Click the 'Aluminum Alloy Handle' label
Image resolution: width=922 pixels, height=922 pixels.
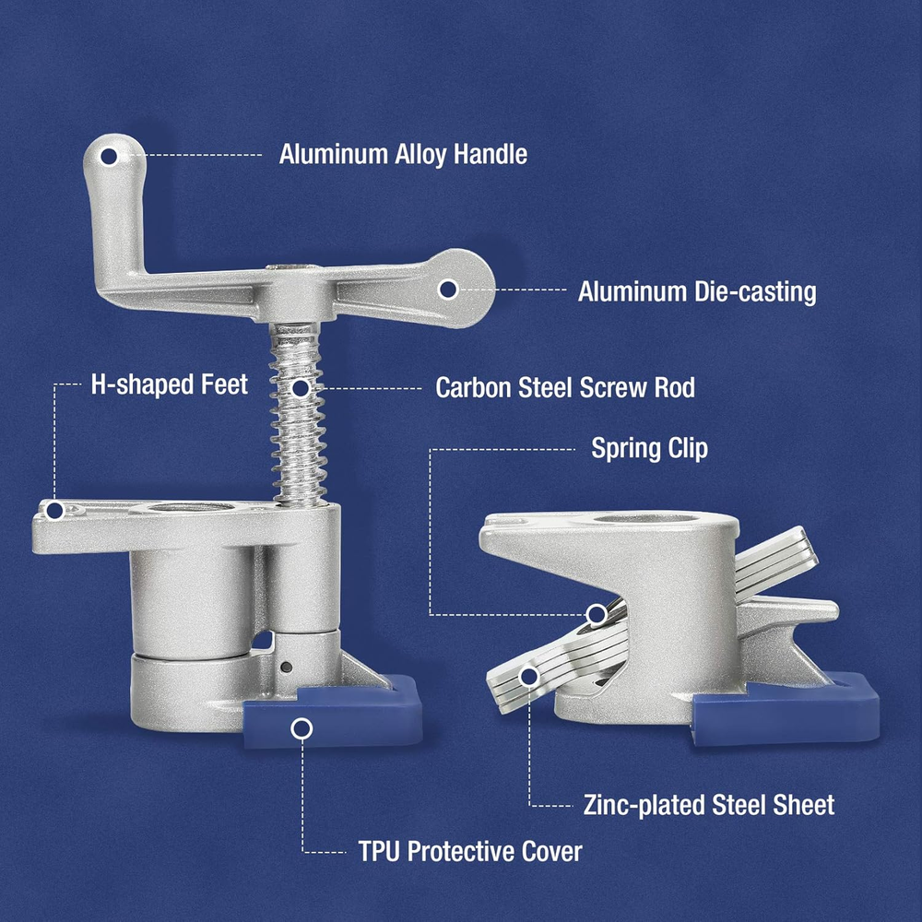[403, 155]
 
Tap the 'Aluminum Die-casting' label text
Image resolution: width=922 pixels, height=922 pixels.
[697, 291]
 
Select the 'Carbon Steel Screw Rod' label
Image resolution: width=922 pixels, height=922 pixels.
[565, 387]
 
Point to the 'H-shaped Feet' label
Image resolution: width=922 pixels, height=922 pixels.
[170, 384]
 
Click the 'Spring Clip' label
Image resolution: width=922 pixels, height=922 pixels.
[649, 449]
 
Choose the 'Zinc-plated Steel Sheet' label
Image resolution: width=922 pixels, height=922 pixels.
[708, 805]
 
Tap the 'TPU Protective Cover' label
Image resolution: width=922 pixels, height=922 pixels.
[470, 851]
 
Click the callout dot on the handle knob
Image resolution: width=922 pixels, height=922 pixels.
[110, 157]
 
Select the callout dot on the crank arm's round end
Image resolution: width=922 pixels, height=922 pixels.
[448, 290]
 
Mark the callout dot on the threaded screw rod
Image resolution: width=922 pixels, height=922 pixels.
[301, 388]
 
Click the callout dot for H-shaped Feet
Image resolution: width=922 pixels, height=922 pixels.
[54, 511]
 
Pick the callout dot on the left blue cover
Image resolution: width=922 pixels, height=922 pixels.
[301, 729]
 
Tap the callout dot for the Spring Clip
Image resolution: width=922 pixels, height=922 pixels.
[597, 615]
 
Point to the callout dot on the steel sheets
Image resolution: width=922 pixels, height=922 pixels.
[530, 677]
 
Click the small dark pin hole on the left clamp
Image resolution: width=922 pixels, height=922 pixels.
[287, 667]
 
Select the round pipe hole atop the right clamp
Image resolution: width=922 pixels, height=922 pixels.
[644, 518]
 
